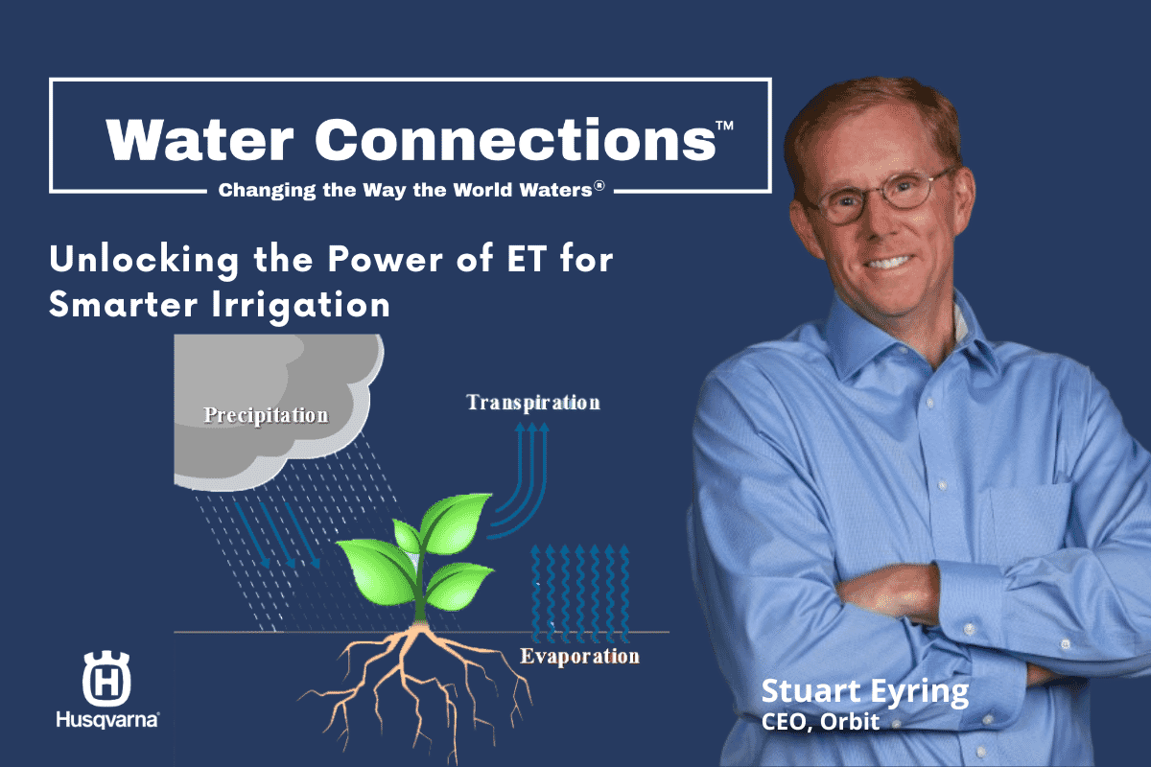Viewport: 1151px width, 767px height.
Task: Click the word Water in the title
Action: point(200,140)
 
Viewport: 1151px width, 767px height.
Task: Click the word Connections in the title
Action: point(515,140)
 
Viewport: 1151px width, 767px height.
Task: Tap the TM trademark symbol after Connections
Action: point(724,126)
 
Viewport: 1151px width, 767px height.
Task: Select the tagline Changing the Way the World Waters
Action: point(411,190)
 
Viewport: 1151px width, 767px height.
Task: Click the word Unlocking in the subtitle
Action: point(144,260)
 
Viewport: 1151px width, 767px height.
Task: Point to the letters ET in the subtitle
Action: point(526,259)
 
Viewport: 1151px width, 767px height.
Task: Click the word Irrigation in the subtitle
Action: point(301,305)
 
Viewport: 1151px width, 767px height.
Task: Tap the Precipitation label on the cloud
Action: point(266,415)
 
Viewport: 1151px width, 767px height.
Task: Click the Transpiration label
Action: point(533,403)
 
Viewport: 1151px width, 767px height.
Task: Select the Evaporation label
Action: point(579,657)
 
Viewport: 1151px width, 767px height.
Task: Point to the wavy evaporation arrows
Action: point(580,593)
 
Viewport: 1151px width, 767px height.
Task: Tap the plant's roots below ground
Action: point(416,688)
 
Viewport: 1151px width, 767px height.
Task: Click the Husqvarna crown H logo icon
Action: point(106,678)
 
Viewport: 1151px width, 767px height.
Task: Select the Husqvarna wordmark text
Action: point(107,720)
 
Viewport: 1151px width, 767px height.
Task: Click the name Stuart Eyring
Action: point(865,691)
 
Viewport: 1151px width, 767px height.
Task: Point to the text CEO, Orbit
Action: point(820,722)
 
